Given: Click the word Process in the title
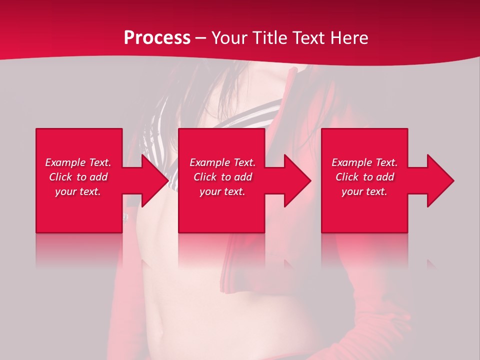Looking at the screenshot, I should (x=157, y=38).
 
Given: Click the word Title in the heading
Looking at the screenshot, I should (x=269, y=38).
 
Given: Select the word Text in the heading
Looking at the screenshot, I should (x=309, y=38).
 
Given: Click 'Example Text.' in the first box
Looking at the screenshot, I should (x=78, y=162).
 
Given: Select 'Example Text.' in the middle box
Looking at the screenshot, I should (x=222, y=162).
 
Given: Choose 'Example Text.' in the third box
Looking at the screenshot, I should (x=364, y=162).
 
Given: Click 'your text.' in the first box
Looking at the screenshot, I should (x=78, y=191).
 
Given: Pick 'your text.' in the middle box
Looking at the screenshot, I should (x=222, y=191).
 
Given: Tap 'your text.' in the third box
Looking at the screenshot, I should (x=364, y=191).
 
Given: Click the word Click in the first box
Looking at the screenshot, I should (x=60, y=177).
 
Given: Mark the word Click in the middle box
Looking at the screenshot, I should (x=205, y=177).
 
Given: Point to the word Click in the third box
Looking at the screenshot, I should (x=347, y=177).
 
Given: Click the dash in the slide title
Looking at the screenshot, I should (x=200, y=38).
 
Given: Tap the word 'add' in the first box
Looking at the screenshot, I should (x=98, y=177).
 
